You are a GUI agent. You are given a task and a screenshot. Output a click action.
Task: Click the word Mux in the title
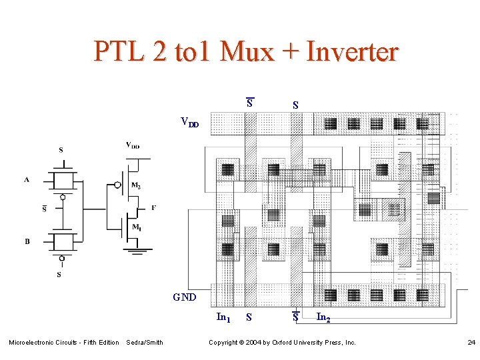coord(247,51)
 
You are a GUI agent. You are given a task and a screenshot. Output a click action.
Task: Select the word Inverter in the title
coord(352,51)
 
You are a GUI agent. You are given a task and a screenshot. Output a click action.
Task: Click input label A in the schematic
coord(27,179)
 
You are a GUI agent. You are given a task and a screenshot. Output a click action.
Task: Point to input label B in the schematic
coord(27,241)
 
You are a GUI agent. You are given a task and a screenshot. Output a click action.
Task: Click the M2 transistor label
coord(136,185)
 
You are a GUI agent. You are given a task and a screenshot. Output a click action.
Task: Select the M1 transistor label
coord(136,227)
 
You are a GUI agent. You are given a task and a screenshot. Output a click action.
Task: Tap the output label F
coord(154,207)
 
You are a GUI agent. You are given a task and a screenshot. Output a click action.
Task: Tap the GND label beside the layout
coord(185,297)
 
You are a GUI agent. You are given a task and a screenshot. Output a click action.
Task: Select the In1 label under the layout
coord(224,317)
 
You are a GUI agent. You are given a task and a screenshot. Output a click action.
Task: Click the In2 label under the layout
coord(323,317)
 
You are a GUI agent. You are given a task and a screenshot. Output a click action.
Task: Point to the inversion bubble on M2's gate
coord(117,185)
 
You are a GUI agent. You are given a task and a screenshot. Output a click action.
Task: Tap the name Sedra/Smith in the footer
coord(145,343)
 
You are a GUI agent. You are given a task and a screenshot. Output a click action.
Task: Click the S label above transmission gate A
coord(61,151)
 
